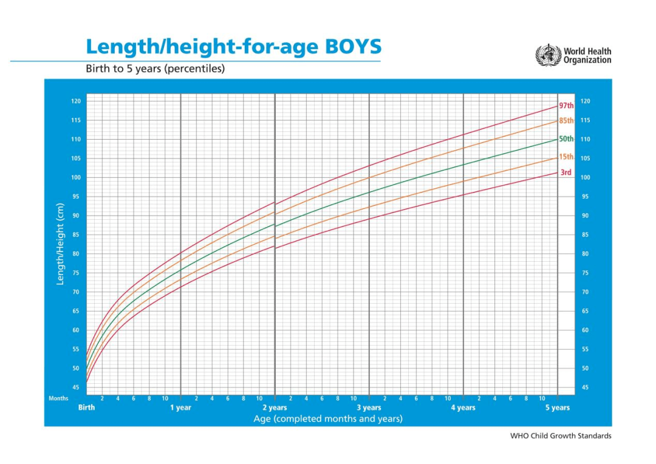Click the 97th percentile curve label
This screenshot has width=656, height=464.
tap(566, 106)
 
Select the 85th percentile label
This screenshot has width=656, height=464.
tap(566, 121)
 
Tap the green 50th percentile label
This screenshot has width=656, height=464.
tap(566, 139)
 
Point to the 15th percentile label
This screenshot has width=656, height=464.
tap(566, 157)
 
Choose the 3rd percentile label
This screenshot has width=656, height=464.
tap(565, 172)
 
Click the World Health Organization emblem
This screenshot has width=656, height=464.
tap(548, 55)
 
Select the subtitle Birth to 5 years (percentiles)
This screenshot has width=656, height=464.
tap(155, 69)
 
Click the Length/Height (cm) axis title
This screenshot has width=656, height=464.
tap(61, 243)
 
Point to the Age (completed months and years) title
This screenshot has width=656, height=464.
tap(327, 418)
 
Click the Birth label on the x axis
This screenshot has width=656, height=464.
tap(87, 408)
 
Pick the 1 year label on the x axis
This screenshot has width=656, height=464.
tap(180, 408)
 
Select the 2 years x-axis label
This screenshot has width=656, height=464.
tap(275, 408)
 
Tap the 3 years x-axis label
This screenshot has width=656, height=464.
tap(369, 408)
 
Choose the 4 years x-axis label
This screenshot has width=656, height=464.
tap(463, 408)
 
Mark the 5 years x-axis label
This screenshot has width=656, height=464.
tap(557, 408)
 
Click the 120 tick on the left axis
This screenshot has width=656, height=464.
tap(76, 101)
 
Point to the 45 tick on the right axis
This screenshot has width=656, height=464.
tap(585, 387)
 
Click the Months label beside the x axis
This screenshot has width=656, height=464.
tap(58, 398)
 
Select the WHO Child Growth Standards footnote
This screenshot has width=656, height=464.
tap(561, 435)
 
